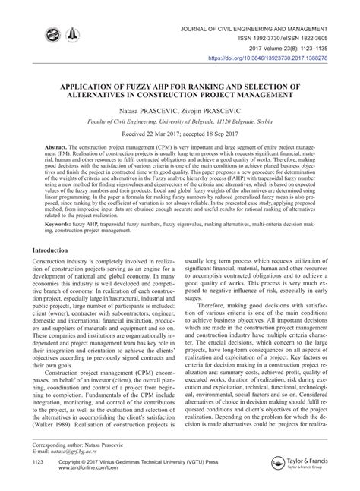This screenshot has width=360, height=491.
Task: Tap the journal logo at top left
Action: (x=58, y=35)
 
